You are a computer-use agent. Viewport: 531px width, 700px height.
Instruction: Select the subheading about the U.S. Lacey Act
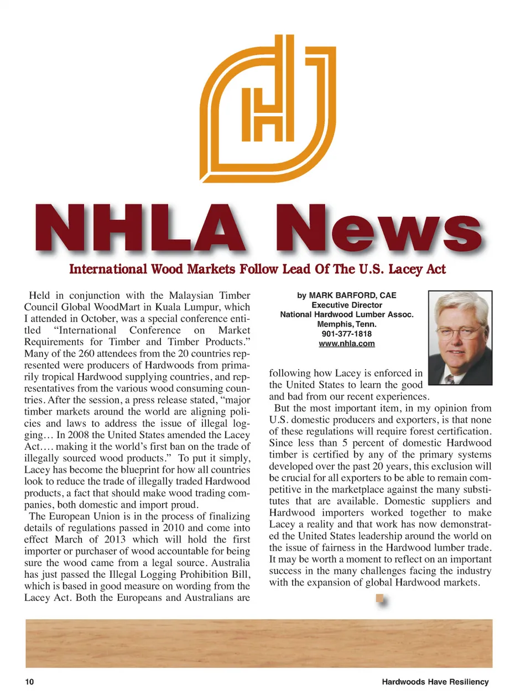tap(257, 269)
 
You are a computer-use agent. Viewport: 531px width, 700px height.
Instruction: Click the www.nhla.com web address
tap(347, 344)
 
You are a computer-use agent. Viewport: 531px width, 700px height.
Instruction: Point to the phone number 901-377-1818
tap(347, 334)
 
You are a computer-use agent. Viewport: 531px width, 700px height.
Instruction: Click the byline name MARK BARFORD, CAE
tap(352, 295)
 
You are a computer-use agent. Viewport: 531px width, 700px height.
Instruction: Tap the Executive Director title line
tap(347, 305)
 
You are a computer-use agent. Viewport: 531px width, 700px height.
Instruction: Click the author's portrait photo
tap(460, 338)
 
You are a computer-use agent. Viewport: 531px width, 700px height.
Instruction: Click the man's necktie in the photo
tap(450, 379)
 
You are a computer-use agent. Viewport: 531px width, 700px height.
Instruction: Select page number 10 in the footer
tap(29, 682)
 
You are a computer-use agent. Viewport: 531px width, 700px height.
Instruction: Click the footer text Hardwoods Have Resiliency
tap(435, 682)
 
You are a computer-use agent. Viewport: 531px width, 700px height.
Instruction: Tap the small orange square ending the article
tap(379, 598)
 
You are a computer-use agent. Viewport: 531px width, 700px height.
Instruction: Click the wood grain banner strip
tap(259, 643)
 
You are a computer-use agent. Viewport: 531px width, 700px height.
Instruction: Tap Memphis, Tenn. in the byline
tap(347, 324)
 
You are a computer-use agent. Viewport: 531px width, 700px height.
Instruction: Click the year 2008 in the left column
tap(79, 435)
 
